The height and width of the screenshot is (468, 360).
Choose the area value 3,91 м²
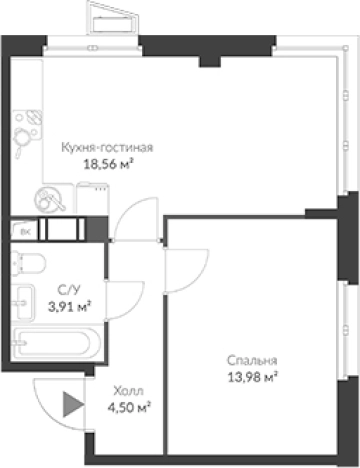[x=69, y=306]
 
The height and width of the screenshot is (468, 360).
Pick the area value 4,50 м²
[x=129, y=407]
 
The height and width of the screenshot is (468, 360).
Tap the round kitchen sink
[x=45, y=200]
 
